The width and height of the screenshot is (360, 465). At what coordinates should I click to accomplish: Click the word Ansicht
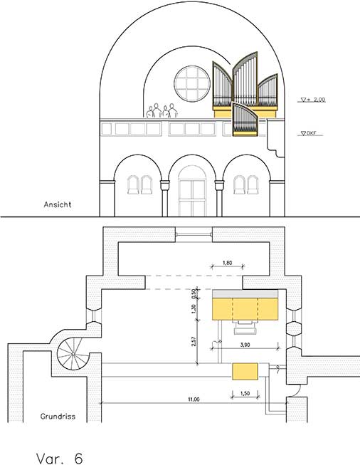click(58, 204)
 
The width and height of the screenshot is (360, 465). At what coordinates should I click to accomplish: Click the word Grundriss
click(58, 417)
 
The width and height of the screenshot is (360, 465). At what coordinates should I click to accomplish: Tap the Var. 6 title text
click(59, 458)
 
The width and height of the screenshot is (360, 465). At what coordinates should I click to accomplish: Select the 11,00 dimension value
click(194, 399)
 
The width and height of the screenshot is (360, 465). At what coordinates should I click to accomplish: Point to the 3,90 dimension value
click(245, 345)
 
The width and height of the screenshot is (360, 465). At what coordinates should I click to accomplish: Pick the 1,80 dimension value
click(227, 263)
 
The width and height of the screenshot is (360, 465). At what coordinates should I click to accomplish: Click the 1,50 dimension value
click(245, 394)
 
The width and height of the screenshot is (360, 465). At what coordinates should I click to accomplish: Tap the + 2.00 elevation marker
click(313, 100)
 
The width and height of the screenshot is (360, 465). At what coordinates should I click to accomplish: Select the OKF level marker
click(309, 133)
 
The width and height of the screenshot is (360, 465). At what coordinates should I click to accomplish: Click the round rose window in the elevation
click(192, 83)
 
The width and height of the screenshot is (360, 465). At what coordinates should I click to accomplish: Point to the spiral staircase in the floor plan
click(73, 354)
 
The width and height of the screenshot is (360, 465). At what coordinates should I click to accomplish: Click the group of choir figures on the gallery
click(162, 110)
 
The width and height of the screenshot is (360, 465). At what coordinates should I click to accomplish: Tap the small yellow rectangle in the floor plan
click(245, 371)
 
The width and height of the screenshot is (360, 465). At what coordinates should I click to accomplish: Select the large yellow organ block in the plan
click(245, 309)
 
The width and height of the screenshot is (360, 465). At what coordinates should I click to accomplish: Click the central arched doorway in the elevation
click(192, 191)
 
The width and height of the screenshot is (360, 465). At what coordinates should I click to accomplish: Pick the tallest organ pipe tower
click(245, 80)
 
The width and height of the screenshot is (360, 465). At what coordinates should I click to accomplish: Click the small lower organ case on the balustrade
click(245, 119)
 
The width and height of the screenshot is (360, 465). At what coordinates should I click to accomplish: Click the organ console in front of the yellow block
click(245, 328)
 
